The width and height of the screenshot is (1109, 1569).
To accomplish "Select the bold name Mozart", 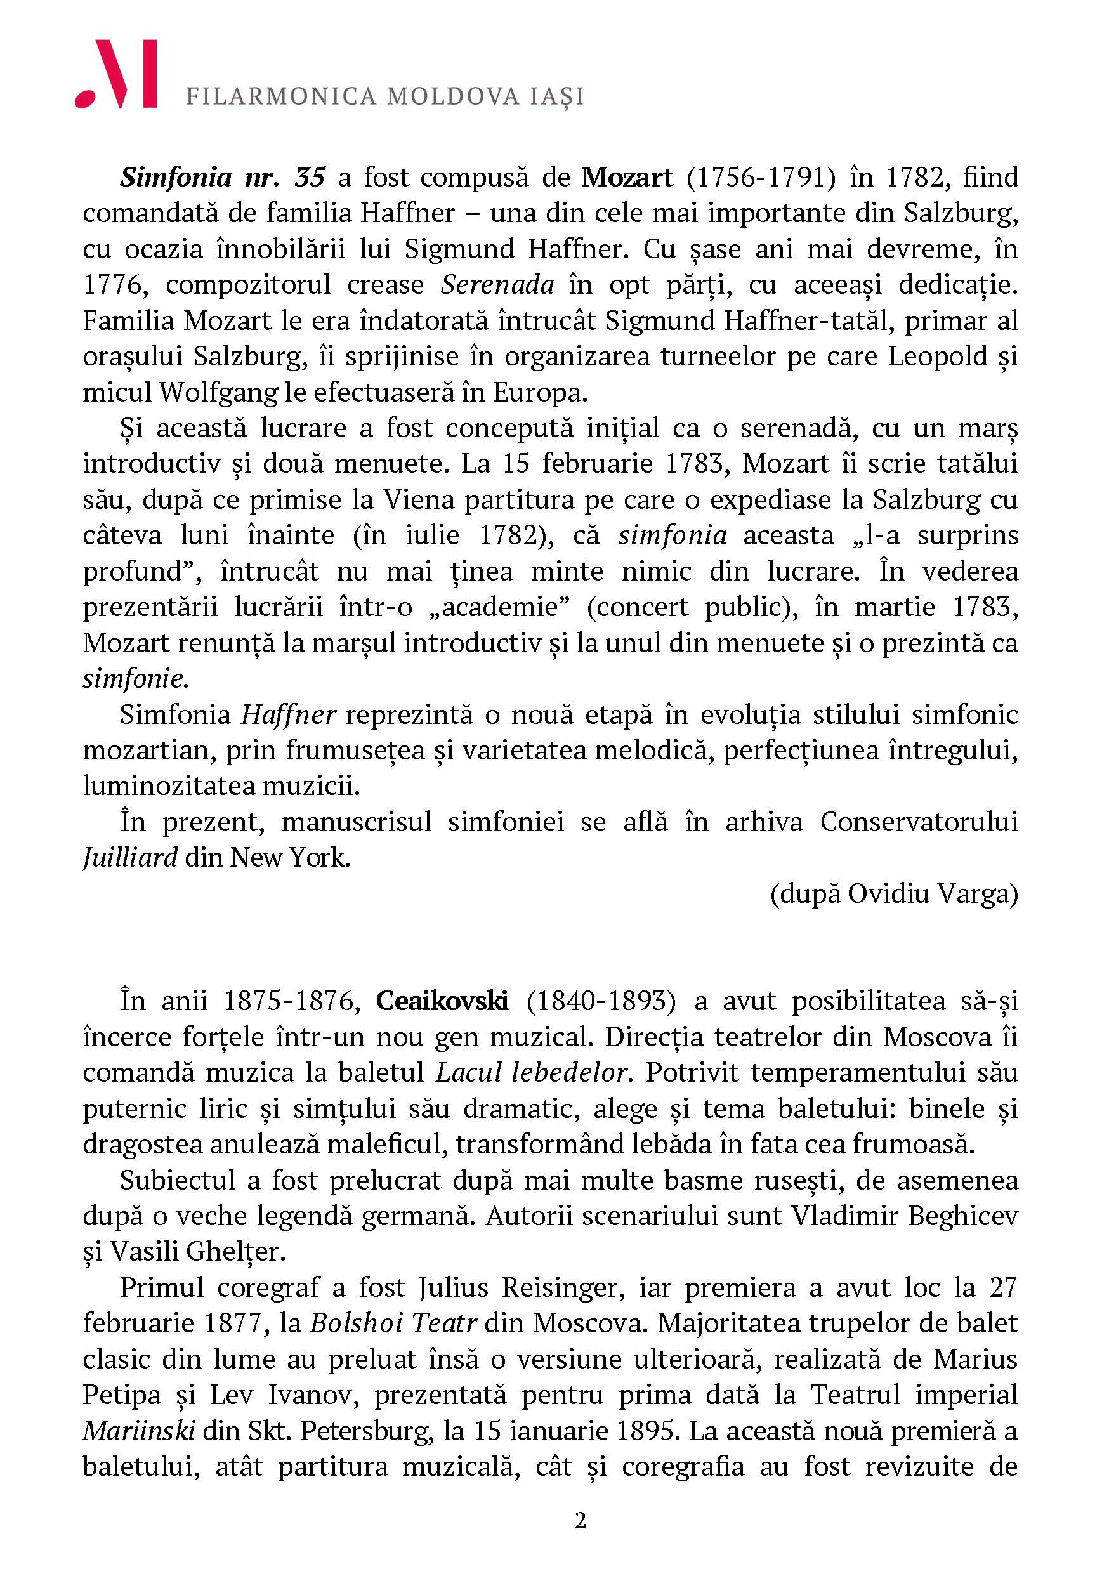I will pyautogui.click(x=627, y=177).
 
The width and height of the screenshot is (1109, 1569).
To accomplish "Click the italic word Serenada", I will pyautogui.click(x=497, y=284).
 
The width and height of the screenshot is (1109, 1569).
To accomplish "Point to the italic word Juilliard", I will pyautogui.click(x=130, y=857).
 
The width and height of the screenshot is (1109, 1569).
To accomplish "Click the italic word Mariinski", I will pyautogui.click(x=139, y=1431).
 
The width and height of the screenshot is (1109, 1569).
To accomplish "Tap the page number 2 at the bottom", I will pyautogui.click(x=580, y=1521).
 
